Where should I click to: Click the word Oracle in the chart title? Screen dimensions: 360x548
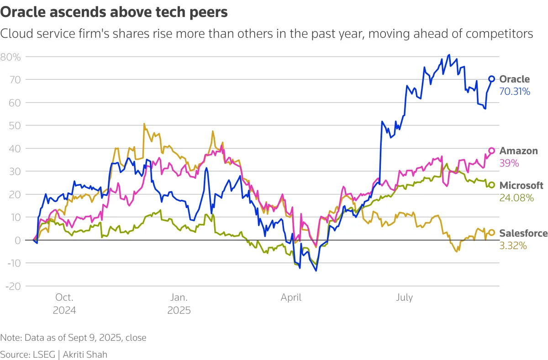(x=23, y=13)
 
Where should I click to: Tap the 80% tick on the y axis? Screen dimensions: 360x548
(x=11, y=57)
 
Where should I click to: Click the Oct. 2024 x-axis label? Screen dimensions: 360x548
(x=64, y=304)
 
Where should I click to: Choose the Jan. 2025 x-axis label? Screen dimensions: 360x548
(x=179, y=304)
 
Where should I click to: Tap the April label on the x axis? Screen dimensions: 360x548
(x=291, y=297)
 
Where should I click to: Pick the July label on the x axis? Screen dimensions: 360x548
(x=404, y=297)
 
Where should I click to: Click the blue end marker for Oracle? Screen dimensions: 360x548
(x=492, y=78)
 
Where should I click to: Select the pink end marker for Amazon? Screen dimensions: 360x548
(x=492, y=151)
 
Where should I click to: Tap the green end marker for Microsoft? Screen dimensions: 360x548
(x=492, y=185)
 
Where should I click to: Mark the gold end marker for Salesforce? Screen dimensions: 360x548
(x=492, y=233)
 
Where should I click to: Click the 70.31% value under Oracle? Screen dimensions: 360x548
(x=515, y=92)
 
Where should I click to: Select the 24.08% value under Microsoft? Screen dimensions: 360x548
(x=516, y=198)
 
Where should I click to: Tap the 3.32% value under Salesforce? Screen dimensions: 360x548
(x=513, y=246)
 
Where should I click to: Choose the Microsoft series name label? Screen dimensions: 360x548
(x=522, y=185)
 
